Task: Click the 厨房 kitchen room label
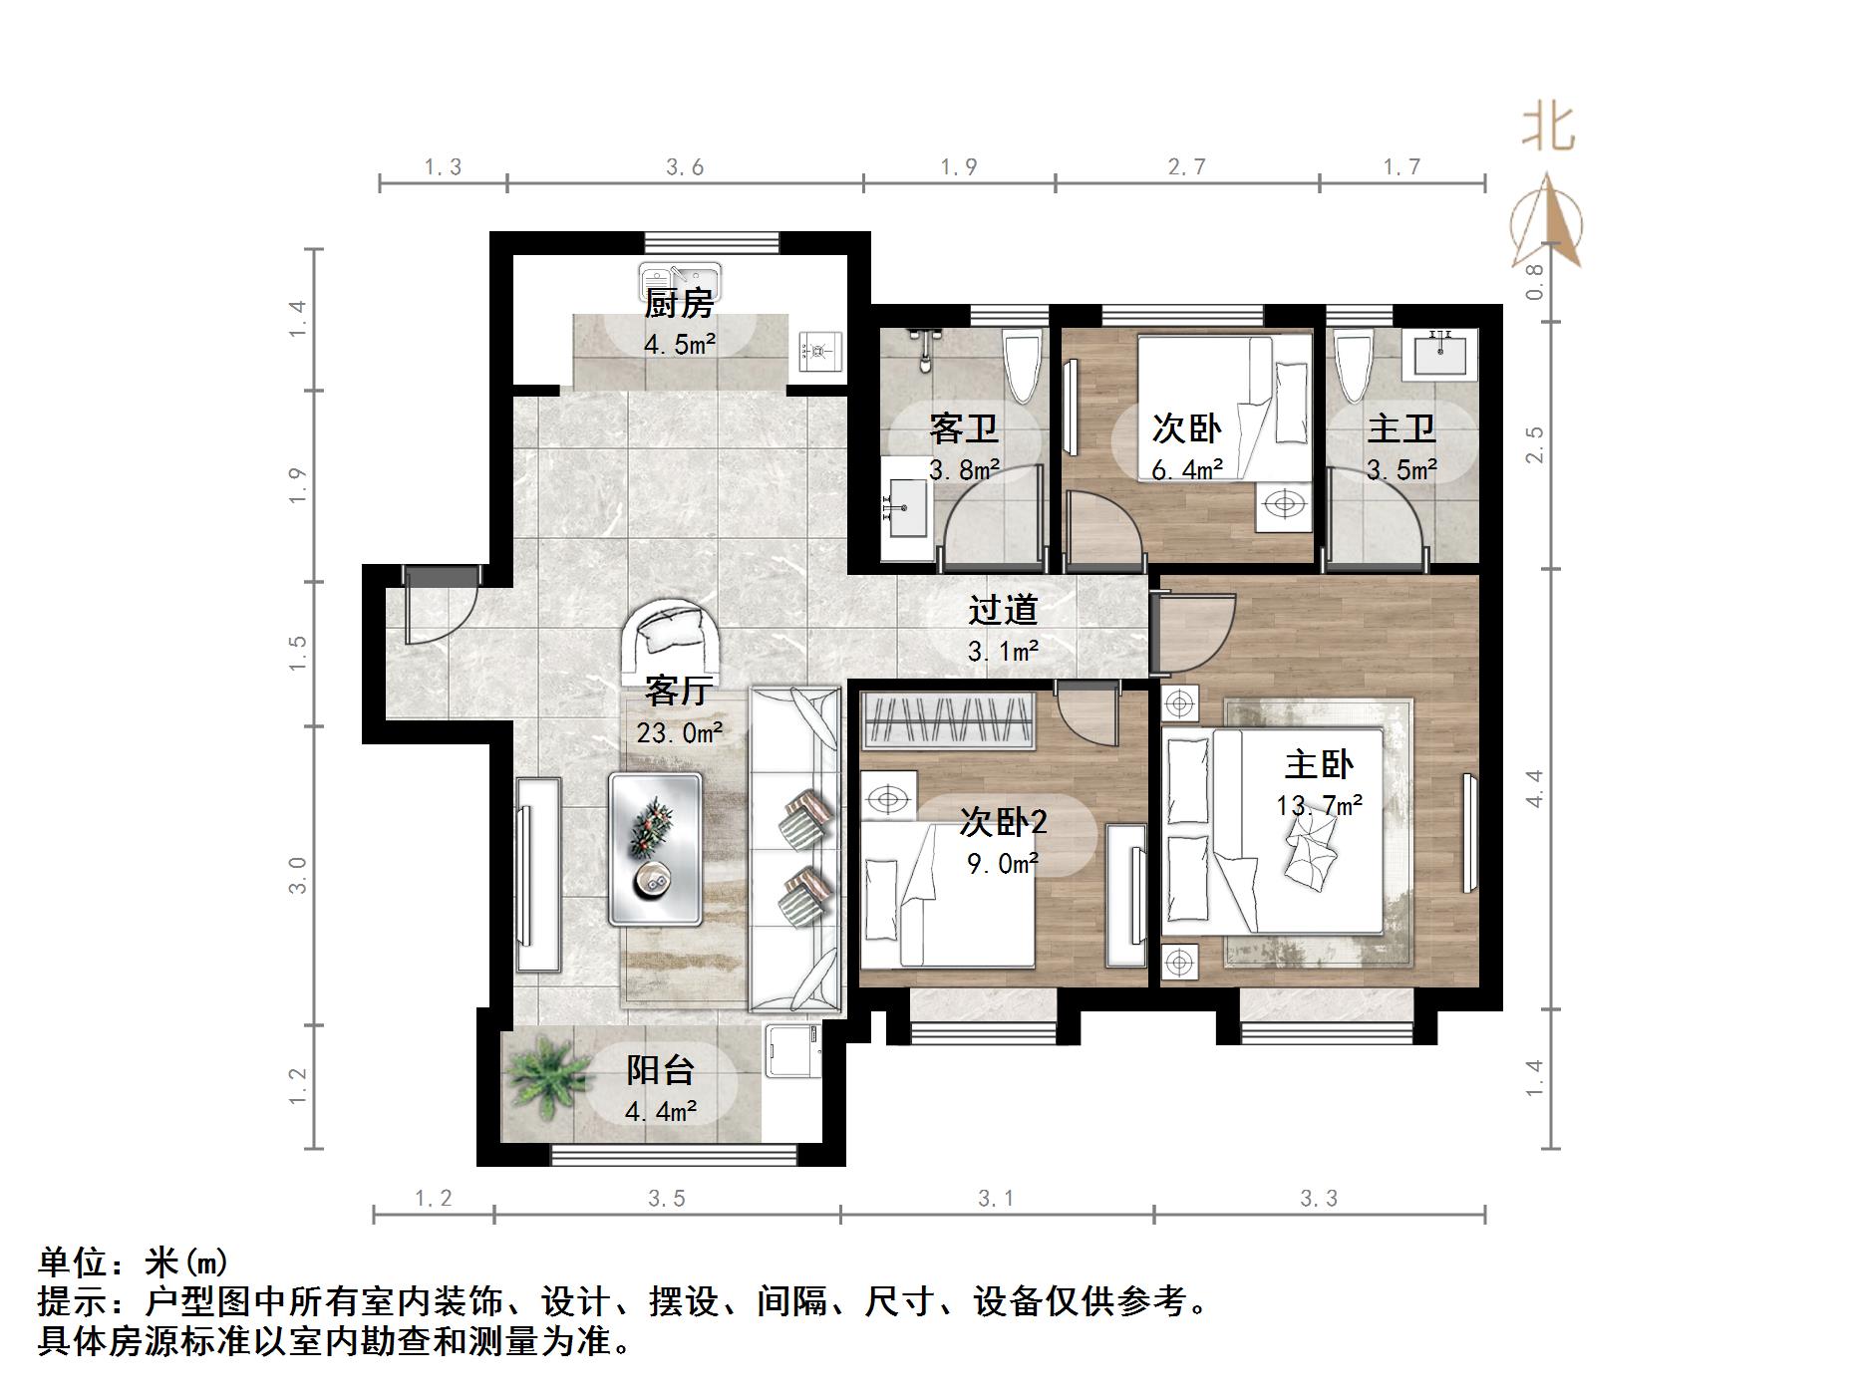(678, 303)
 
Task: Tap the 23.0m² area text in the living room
(679, 733)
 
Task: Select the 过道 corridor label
(1003, 609)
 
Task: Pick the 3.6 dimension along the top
(685, 167)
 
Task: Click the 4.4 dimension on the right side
(1535, 788)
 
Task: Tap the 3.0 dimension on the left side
(298, 875)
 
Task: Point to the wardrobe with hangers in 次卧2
(948, 720)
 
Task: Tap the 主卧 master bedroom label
(1318, 764)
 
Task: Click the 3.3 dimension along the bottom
(1318, 1199)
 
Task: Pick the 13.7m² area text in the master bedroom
(1318, 804)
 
